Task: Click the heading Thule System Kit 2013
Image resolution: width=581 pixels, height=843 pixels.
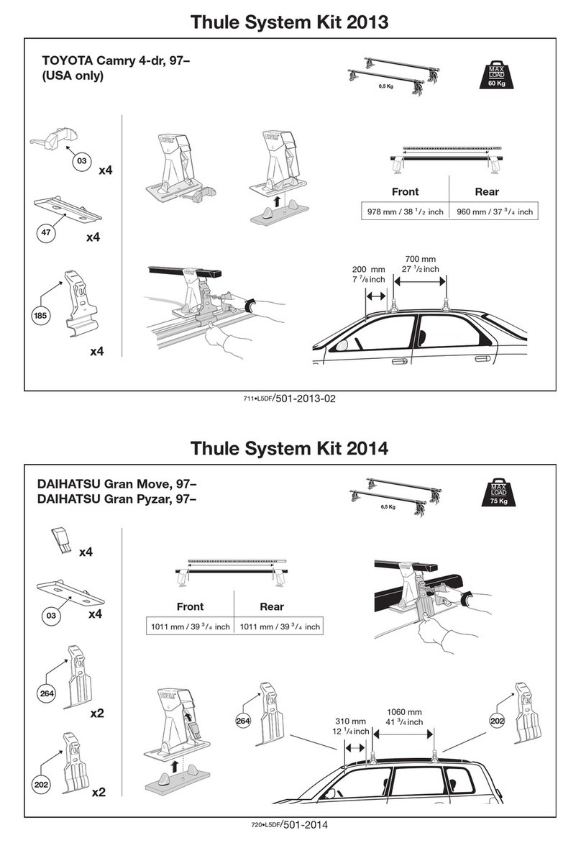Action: [x=290, y=22]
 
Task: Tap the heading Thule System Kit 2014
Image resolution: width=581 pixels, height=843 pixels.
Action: [x=290, y=448]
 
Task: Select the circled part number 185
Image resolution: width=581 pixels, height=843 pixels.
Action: [x=40, y=315]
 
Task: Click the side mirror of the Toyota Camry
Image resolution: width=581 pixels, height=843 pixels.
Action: [x=342, y=345]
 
